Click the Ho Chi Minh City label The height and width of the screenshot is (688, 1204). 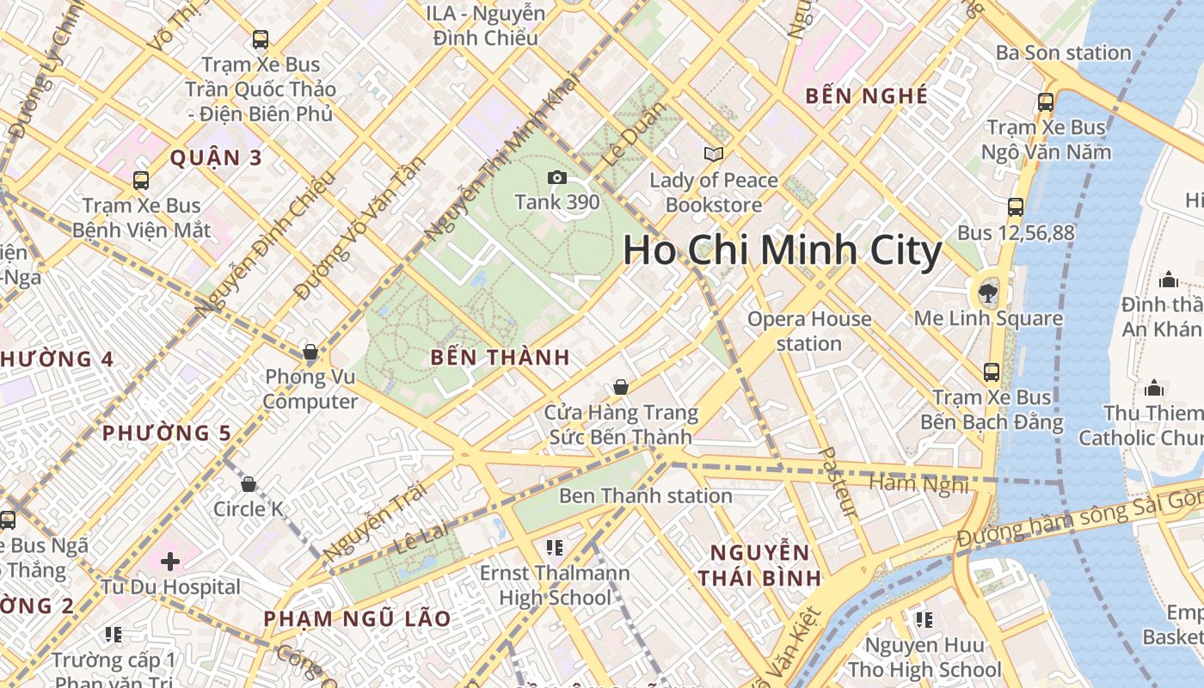coord(782,251)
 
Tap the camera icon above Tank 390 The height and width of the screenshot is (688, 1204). coord(557,178)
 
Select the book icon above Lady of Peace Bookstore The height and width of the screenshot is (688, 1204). coord(713,155)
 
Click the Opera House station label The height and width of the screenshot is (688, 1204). coord(808,331)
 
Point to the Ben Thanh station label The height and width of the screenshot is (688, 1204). coord(645,496)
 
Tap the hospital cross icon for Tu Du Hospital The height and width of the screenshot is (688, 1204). coord(170,562)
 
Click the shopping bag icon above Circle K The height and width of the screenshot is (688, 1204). coord(249,485)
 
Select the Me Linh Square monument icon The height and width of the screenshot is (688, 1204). coord(988,293)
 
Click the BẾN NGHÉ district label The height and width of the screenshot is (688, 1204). coord(866,96)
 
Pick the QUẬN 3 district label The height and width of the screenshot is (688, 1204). coord(215,158)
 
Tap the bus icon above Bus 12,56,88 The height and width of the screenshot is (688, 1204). coord(1016,207)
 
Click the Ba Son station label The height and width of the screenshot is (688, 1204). coord(1063,53)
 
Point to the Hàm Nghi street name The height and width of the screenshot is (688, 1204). coord(918,485)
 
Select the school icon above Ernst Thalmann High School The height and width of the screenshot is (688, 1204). coord(554,548)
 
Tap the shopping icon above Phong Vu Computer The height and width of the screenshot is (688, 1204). coord(310,353)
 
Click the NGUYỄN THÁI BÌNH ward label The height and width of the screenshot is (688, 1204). coord(759,565)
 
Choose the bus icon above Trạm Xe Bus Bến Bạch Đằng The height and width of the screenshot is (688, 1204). coord(992,372)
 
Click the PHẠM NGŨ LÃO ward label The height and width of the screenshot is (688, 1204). coord(357,619)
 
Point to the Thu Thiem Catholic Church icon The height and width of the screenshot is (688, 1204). coord(1154,389)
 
